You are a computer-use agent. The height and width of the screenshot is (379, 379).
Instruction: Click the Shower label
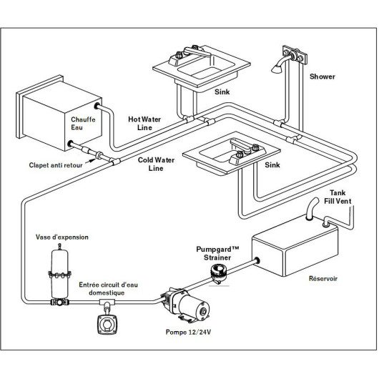coord(323,76)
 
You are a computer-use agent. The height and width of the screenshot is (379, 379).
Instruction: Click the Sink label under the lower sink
coord(271,164)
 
